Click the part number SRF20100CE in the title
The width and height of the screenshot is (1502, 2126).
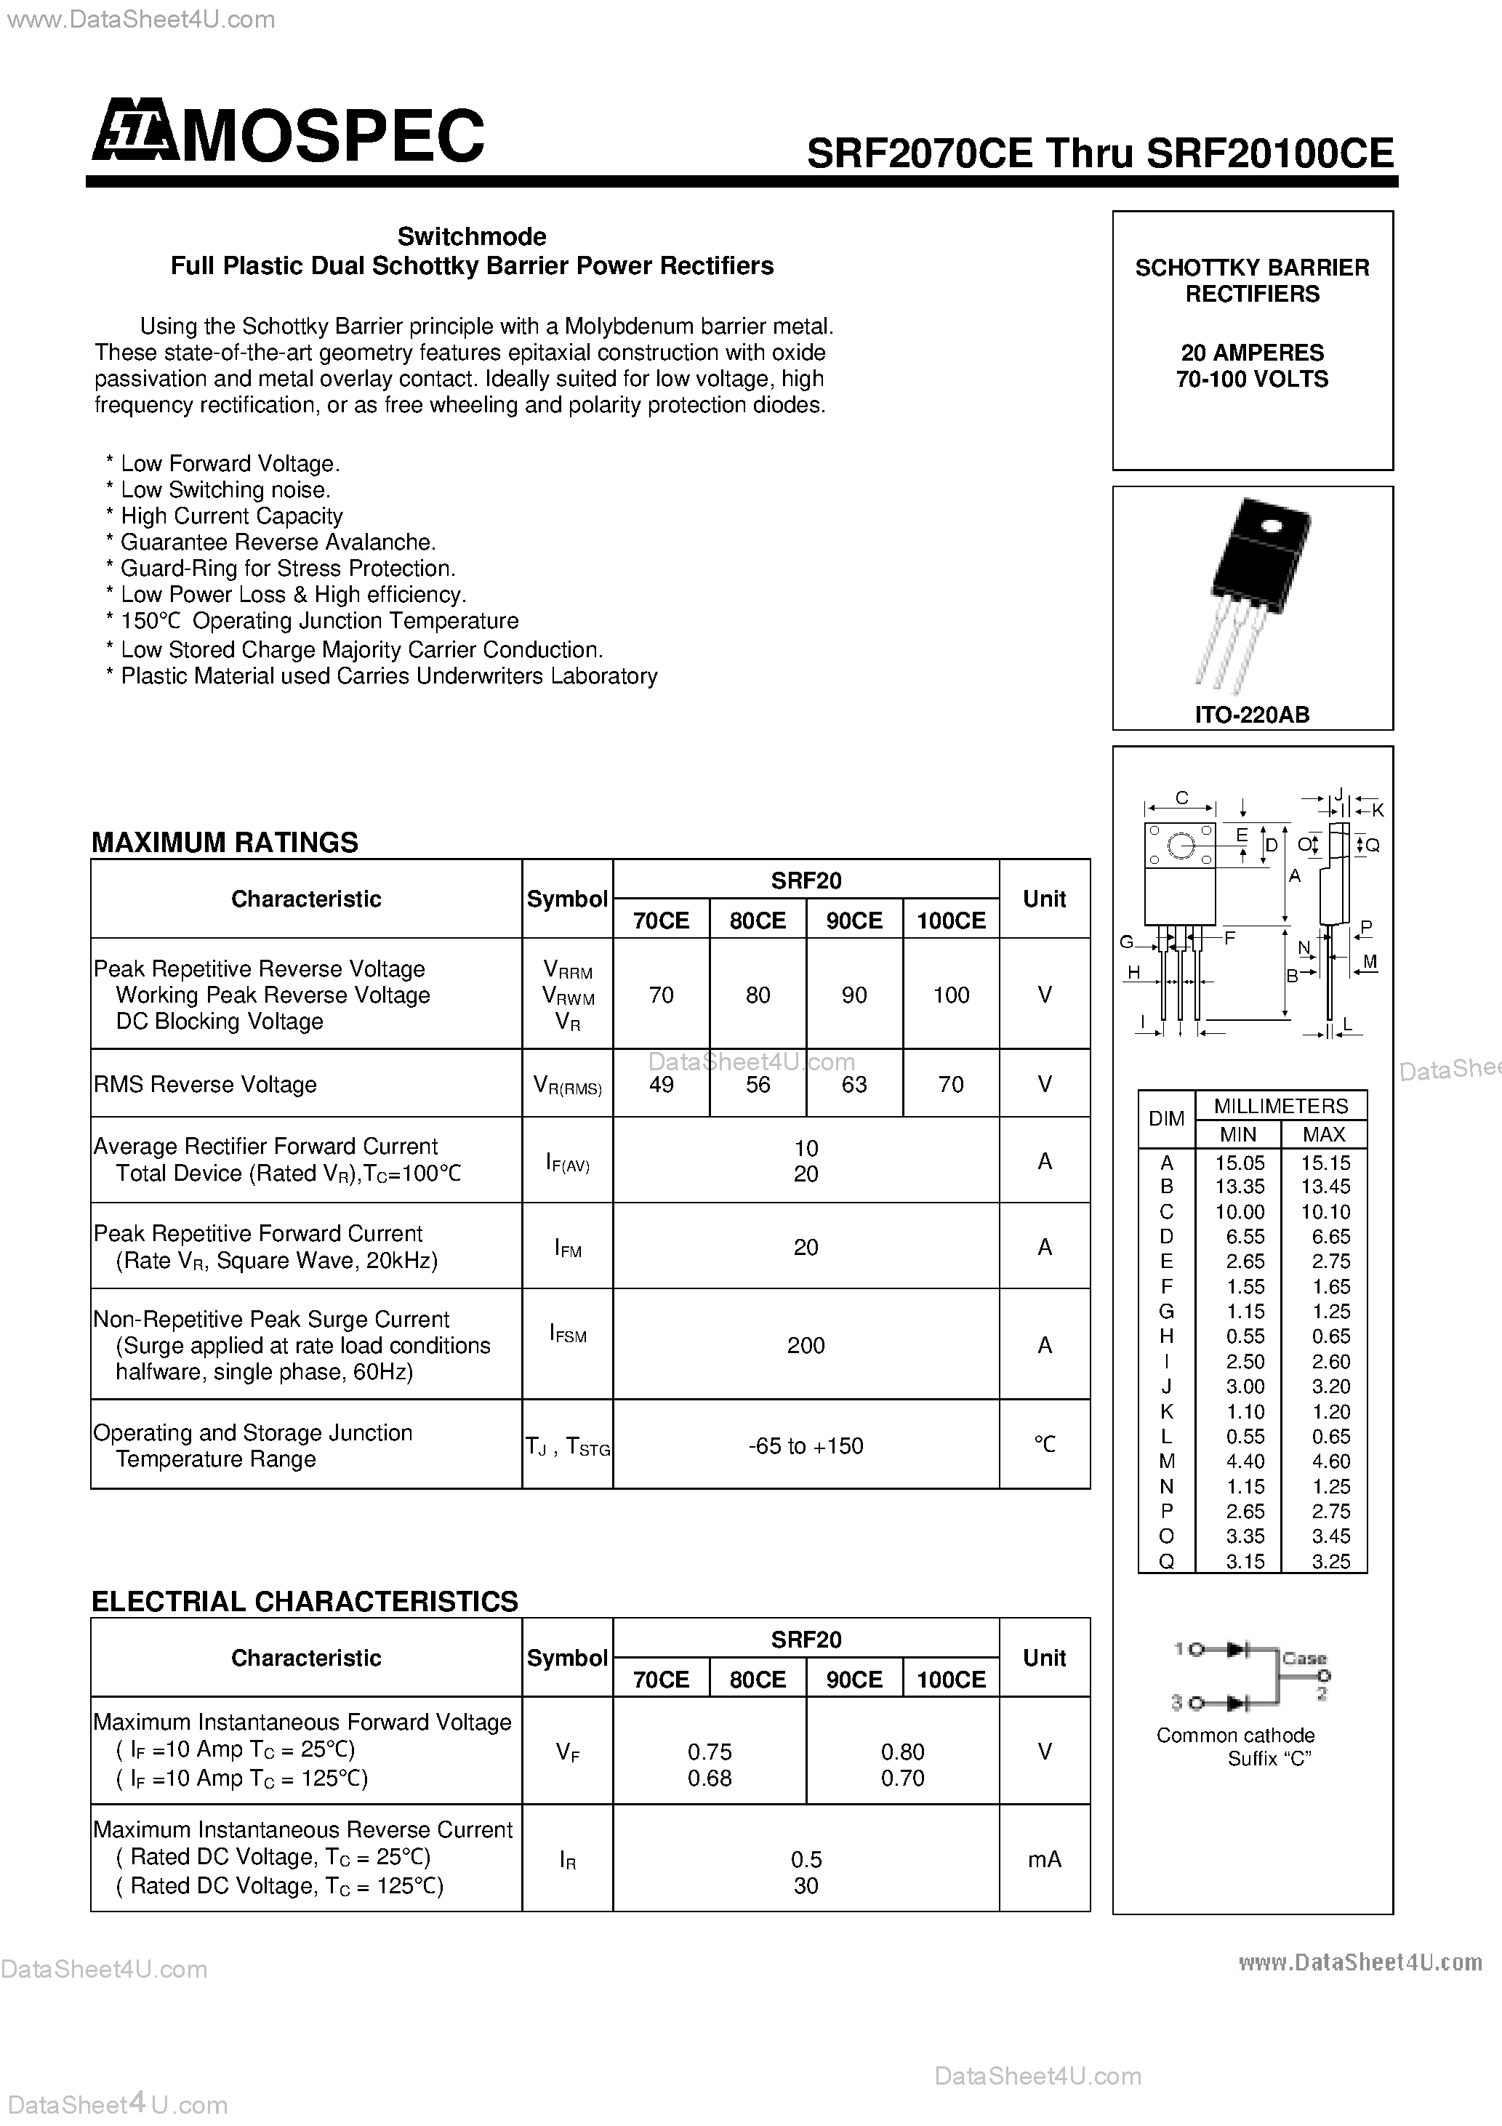1269,153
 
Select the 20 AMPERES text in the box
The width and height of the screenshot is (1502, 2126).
1252,353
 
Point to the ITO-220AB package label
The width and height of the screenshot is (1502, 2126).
1252,715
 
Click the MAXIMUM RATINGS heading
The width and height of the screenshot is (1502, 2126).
225,842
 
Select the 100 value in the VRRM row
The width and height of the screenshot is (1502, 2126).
950,995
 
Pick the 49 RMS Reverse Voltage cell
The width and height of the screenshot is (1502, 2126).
661,1084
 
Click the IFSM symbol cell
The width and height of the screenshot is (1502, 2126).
567,1334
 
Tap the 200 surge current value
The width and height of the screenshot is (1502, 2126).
805,1344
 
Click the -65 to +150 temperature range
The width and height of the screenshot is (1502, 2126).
805,1445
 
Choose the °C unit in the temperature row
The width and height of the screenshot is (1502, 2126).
1044,1445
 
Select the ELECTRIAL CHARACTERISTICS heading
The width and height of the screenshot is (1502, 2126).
305,1601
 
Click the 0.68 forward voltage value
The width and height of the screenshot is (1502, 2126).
710,1778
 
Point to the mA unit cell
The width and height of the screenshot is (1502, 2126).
1044,1859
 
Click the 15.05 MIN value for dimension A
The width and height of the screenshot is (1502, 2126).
1239,1162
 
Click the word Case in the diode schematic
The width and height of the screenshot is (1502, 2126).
1304,1658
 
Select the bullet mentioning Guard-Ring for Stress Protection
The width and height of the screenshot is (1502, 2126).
287,569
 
